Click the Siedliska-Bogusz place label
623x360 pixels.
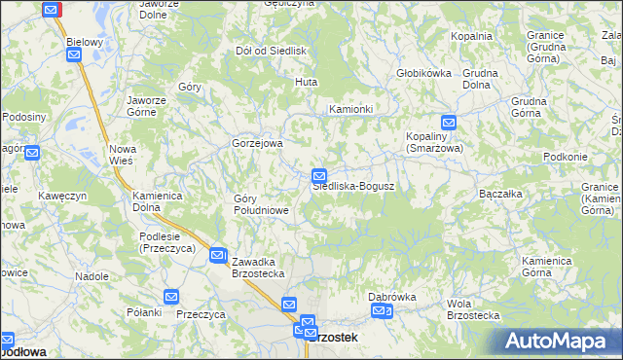click(352, 186)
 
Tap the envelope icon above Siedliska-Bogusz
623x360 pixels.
click(318, 175)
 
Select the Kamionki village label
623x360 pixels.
click(351, 109)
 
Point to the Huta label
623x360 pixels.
click(308, 82)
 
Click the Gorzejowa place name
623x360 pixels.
click(257, 143)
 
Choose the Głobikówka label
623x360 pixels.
click(424, 73)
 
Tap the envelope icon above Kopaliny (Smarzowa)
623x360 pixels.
click(448, 123)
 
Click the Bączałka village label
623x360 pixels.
click(502, 194)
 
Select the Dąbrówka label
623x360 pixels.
click(392, 297)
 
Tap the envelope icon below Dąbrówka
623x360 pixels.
click(382, 311)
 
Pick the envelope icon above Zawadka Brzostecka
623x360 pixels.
click(218, 252)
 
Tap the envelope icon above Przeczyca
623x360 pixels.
click(171, 297)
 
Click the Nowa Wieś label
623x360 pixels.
click(123, 154)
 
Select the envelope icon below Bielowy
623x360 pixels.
click(74, 55)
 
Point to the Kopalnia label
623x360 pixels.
click(471, 36)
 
